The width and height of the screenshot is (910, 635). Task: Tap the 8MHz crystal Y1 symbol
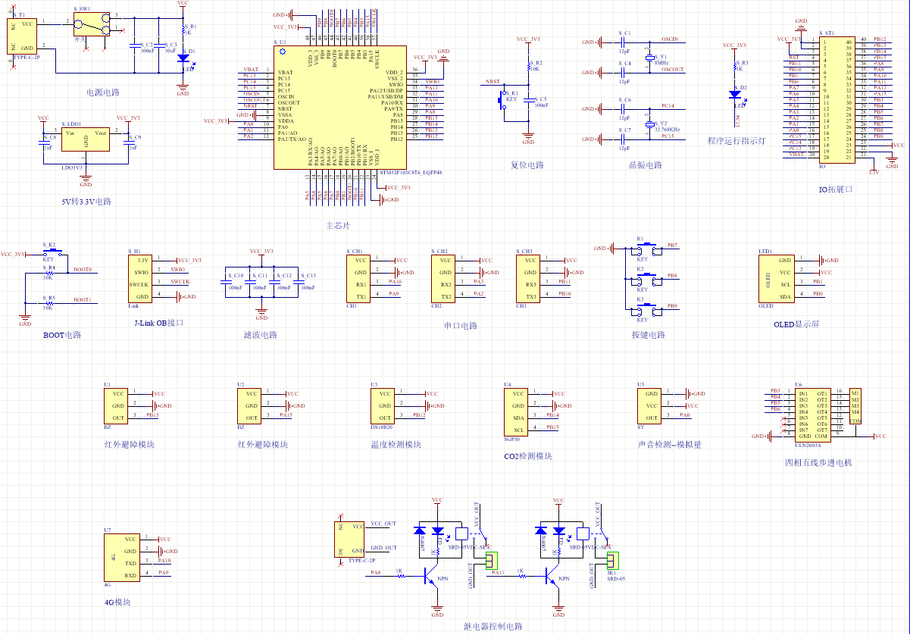pyautogui.click(x=649, y=58)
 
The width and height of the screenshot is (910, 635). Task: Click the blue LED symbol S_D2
pyautogui.click(x=734, y=94)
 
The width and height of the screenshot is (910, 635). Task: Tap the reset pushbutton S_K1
pyautogui.click(x=502, y=99)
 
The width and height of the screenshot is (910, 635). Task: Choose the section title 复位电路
pyautogui.click(x=527, y=165)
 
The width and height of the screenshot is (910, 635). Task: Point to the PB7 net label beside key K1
pyautogui.click(x=672, y=246)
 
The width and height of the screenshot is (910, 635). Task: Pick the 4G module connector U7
pyautogui.click(x=120, y=557)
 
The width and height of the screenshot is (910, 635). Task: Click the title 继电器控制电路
pyautogui.click(x=493, y=626)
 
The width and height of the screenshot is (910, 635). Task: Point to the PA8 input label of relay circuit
pyautogui.click(x=376, y=573)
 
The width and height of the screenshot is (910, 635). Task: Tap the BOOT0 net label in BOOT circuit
pyautogui.click(x=83, y=270)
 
